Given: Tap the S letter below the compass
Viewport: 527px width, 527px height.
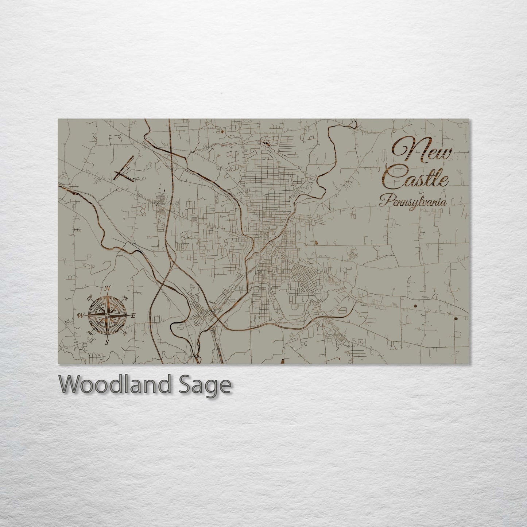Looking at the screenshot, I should [x=107, y=342].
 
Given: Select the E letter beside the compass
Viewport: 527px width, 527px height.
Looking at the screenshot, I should [x=133, y=315].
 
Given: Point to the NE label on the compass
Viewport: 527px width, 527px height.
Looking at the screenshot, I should [x=125, y=297].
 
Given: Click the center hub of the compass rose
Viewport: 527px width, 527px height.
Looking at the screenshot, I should [x=108, y=315].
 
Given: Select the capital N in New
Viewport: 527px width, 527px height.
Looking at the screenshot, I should [x=405, y=150].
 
